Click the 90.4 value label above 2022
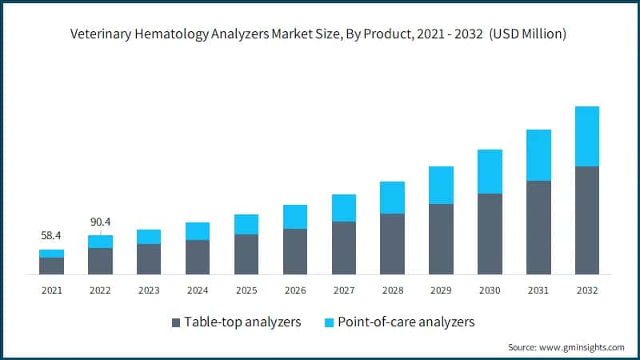click(100, 222)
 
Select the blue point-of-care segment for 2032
click(586, 136)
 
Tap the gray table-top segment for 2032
click(586, 220)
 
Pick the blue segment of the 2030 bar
click(490, 171)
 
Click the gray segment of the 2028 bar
click(392, 244)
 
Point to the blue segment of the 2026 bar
click(294, 217)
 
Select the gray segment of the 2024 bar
click(198, 257)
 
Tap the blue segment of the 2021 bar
click(51, 254)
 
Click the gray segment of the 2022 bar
click(100, 261)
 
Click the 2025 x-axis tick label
click(246, 290)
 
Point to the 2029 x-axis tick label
click(441, 290)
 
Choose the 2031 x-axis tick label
click(538, 290)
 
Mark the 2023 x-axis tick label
click(149, 290)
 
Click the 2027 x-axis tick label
click(343, 290)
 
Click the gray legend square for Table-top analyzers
click(175, 322)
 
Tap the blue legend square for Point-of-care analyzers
click(328, 322)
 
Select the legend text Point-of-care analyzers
click(406, 322)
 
